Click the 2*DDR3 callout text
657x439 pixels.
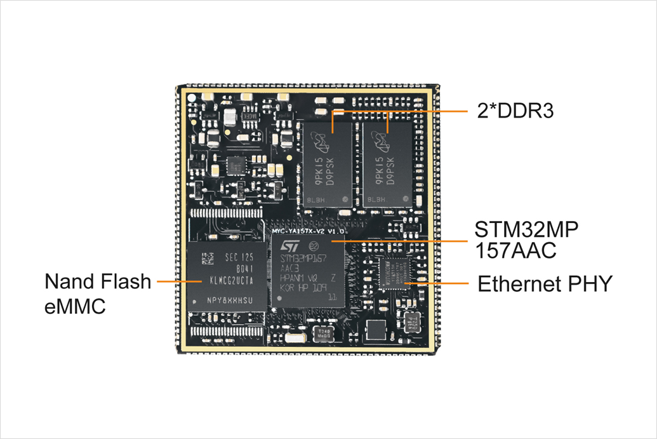click(x=515, y=111)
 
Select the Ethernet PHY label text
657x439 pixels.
click(x=544, y=283)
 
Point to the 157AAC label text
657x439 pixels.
click(x=515, y=250)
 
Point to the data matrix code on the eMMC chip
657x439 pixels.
click(x=207, y=259)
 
